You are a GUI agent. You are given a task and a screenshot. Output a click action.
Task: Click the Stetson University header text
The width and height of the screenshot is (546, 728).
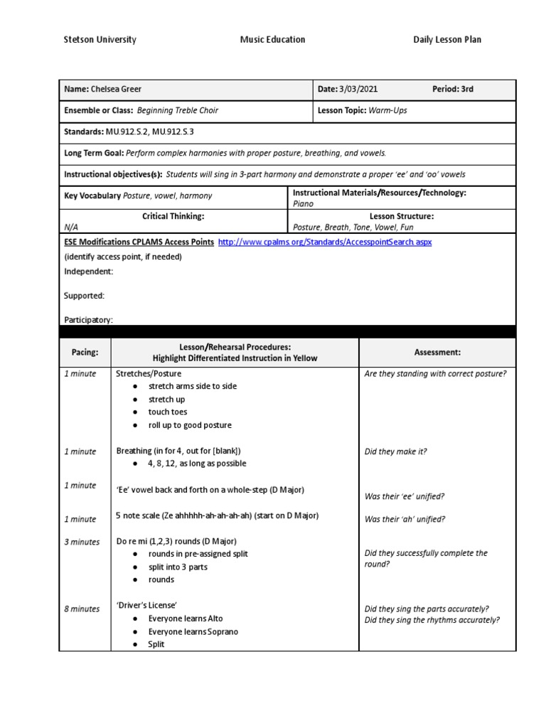click(x=100, y=40)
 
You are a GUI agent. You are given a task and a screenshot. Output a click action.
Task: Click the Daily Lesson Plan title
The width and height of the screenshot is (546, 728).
click(x=447, y=40)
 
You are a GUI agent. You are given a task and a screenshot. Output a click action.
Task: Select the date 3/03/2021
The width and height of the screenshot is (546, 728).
click(x=358, y=90)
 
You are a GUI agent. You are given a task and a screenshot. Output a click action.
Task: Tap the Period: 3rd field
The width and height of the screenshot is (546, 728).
click(x=453, y=90)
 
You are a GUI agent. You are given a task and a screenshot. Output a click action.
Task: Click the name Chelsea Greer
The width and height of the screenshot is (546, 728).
click(x=117, y=90)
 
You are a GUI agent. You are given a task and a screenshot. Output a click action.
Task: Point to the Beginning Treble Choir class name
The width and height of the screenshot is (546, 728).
click(x=178, y=111)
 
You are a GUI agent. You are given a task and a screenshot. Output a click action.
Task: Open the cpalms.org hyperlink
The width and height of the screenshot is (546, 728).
click(x=325, y=242)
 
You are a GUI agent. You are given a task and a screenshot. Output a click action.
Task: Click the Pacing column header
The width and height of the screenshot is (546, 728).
click(x=85, y=353)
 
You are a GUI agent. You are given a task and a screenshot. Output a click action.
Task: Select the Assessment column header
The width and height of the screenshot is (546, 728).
click(x=437, y=353)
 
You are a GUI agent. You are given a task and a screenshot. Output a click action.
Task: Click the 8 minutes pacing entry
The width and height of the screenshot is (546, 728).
click(x=82, y=609)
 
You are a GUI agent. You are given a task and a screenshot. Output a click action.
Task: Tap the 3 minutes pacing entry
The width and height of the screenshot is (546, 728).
click(x=82, y=542)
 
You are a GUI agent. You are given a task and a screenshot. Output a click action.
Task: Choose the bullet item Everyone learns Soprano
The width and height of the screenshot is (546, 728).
click(x=193, y=632)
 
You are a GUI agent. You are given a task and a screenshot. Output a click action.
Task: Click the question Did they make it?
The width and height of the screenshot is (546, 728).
click(x=395, y=451)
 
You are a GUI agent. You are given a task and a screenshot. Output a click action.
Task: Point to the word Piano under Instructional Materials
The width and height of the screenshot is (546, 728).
click(x=303, y=204)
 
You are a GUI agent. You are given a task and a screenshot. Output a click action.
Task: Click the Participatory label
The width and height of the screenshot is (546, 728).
click(x=88, y=321)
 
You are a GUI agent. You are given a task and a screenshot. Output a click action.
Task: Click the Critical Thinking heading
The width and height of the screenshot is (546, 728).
click(x=173, y=216)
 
